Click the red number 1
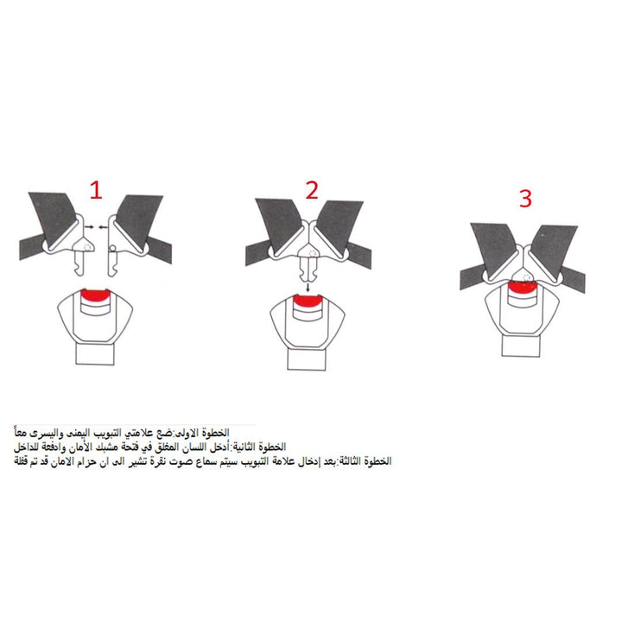[97, 189]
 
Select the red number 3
[525, 199]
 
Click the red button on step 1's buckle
[95, 295]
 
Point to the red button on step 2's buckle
[308, 301]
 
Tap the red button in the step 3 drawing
[523, 287]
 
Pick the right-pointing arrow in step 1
[89, 227]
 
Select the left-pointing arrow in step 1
[103, 227]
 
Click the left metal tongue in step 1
[81, 257]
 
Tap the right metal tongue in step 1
[114, 260]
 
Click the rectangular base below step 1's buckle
[95, 354]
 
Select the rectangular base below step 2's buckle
[307, 359]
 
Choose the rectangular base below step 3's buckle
[521, 346]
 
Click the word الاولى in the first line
[188, 433]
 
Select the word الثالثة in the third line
[351, 461]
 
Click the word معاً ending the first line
[22, 432]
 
